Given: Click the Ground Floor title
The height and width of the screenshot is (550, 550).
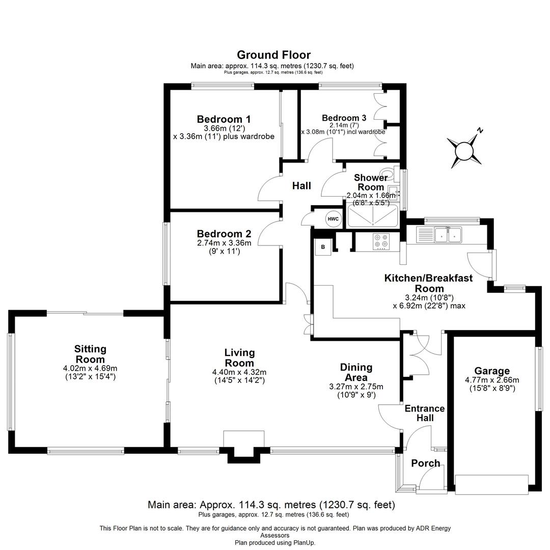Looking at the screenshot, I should [273, 55].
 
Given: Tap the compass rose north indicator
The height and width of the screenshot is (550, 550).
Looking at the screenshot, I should [465, 150].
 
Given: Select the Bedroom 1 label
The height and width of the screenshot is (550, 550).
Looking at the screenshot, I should [224, 120].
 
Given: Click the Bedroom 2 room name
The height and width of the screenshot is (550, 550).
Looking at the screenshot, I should [224, 234].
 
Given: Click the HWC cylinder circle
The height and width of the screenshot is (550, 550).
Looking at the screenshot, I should [333, 219].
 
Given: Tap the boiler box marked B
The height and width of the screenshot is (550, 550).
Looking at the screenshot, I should [323, 248].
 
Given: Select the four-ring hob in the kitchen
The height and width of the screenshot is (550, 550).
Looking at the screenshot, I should [380, 241].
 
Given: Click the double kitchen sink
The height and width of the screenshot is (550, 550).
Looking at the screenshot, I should [448, 235].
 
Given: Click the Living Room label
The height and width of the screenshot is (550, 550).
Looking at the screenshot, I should [239, 358].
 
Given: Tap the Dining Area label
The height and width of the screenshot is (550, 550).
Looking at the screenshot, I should [356, 372].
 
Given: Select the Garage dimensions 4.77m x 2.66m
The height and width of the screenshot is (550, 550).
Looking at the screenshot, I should [492, 380].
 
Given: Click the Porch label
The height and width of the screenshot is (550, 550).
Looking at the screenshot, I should [425, 463].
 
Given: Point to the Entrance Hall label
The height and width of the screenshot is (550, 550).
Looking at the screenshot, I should [424, 413].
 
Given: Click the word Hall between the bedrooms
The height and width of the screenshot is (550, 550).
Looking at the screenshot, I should [301, 186].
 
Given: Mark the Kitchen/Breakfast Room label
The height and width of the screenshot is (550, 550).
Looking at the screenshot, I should [428, 283].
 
